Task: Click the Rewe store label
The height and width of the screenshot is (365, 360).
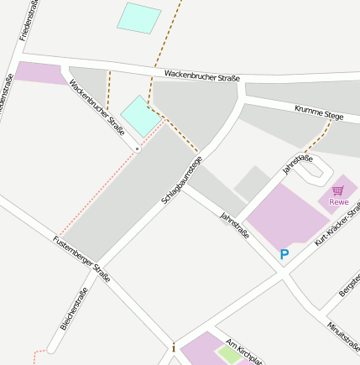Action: click(x=339, y=201)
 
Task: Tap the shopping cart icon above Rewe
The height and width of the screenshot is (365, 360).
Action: click(x=338, y=190)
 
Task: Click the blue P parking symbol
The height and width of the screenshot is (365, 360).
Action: click(x=284, y=254)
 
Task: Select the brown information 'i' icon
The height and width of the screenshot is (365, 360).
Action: click(x=174, y=347)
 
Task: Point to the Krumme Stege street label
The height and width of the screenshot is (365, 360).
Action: click(x=320, y=111)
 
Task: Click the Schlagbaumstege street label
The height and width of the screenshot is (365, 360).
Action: click(x=182, y=182)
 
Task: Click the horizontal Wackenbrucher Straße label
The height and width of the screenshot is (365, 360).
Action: click(x=202, y=76)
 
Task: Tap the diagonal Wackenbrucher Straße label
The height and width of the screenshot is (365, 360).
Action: click(x=97, y=107)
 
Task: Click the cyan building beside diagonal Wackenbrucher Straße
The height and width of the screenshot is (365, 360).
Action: click(x=140, y=115)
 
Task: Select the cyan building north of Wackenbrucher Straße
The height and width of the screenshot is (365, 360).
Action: click(x=138, y=18)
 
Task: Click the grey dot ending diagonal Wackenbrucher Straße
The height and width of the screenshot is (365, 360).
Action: click(x=138, y=149)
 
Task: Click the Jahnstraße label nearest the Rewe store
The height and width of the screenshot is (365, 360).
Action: click(x=297, y=164)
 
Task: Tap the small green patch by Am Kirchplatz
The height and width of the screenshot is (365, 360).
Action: click(x=228, y=354)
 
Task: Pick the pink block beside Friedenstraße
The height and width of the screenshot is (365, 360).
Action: click(x=40, y=73)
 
